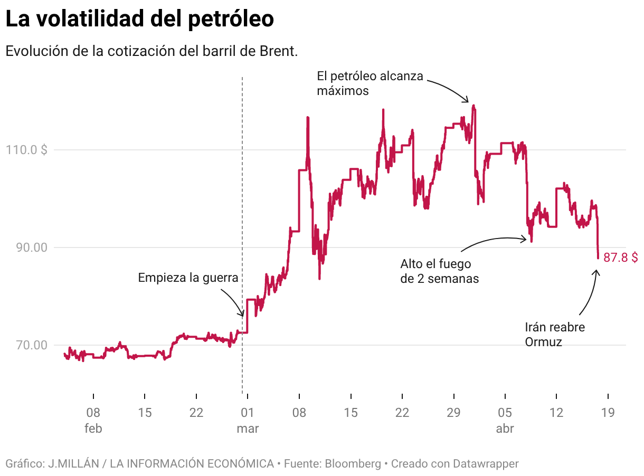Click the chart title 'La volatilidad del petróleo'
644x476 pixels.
[x=139, y=20]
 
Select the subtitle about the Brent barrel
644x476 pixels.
[x=152, y=51]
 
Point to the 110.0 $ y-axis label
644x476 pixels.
[x=26, y=150]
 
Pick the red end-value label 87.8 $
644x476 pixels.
[x=620, y=258]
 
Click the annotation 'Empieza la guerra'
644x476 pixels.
[x=188, y=278]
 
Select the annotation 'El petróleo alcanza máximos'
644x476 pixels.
[x=370, y=83]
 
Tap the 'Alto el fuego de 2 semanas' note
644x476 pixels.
[x=439, y=271]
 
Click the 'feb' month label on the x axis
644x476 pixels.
[x=93, y=429]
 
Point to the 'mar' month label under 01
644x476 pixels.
[x=248, y=429]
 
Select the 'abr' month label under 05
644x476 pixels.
[x=505, y=429]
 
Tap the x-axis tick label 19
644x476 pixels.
[x=608, y=413]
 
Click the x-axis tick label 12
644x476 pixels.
[x=556, y=413]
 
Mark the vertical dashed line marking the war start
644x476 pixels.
[x=242, y=211]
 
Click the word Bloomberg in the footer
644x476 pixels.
[x=353, y=464]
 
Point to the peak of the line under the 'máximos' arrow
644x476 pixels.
[x=473, y=106]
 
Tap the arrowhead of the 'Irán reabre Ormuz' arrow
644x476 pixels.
[x=597, y=271]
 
